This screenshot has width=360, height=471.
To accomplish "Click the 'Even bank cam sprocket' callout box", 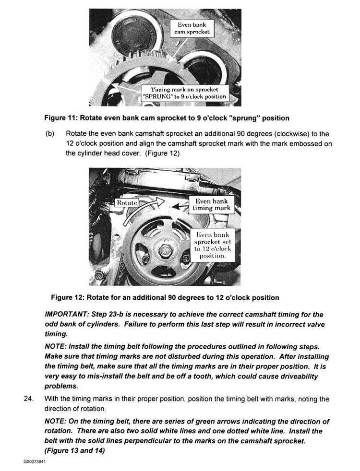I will [x=192, y=28].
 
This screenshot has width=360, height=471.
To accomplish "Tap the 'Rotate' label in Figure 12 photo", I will [x=127, y=202].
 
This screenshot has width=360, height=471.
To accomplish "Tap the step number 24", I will [x=27, y=399].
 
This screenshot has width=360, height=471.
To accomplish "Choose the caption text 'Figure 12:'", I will [x=70, y=298].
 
